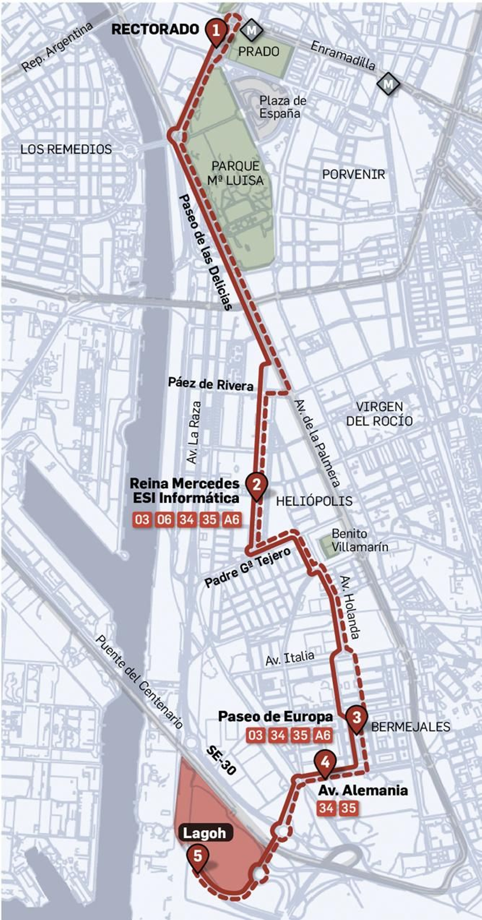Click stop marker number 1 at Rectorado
coord(216,31)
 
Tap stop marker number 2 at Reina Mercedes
coord(256,485)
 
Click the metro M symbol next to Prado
coord(251,31)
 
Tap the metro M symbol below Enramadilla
coord(388,84)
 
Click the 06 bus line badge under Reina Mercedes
coord(164,519)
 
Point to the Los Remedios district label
coord(66,149)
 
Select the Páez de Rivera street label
coord(211,384)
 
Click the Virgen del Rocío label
coord(380,414)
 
